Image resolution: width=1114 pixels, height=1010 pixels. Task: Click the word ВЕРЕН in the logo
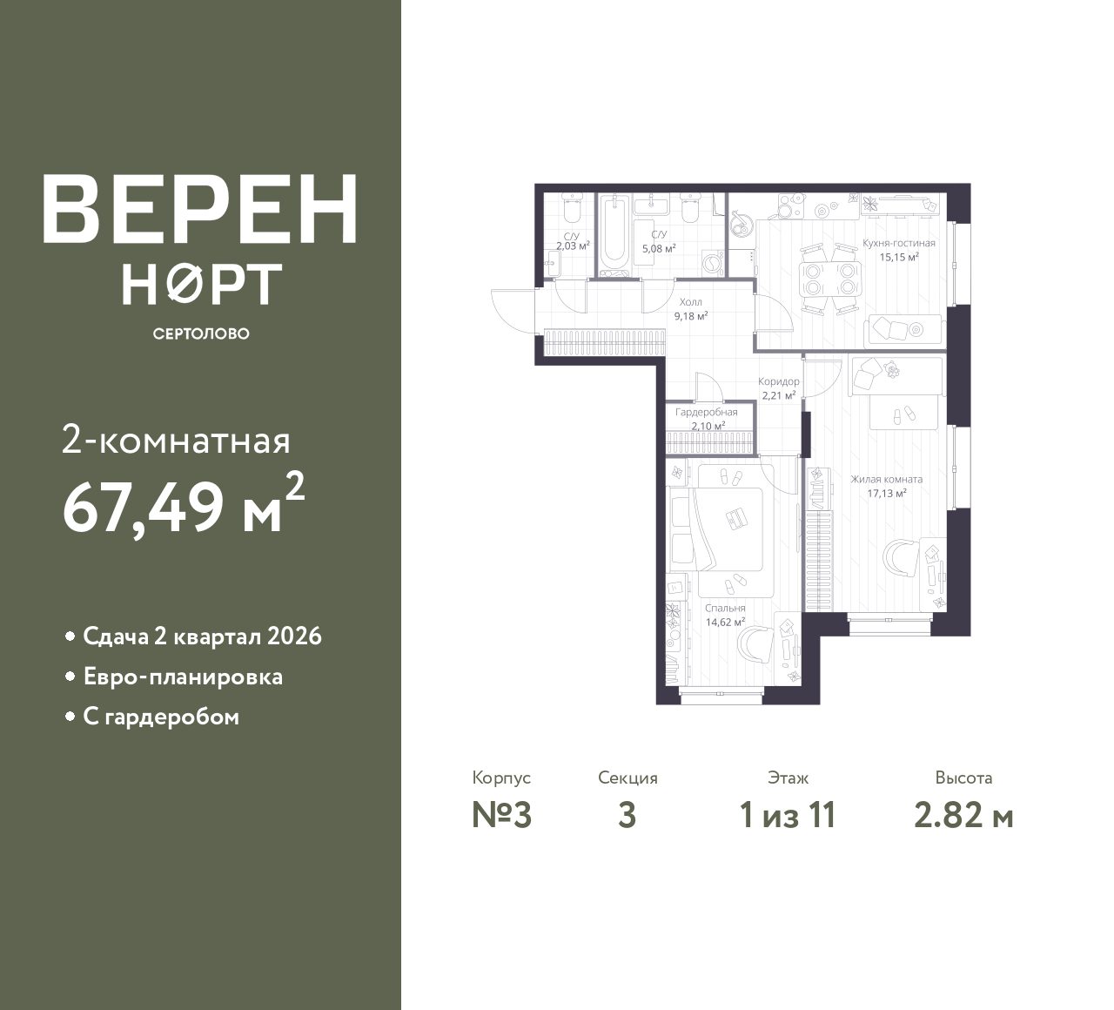click(200, 209)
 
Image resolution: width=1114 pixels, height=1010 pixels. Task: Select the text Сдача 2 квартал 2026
click(202, 636)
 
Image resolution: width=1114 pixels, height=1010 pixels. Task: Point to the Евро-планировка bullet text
click(183, 677)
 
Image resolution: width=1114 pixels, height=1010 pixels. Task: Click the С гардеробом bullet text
click(161, 717)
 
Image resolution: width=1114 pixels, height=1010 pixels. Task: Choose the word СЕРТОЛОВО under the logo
click(201, 333)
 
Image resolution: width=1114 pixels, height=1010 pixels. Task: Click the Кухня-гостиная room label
click(898, 243)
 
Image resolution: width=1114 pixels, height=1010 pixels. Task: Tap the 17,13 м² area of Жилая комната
click(887, 493)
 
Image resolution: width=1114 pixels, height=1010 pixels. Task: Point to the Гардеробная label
click(707, 412)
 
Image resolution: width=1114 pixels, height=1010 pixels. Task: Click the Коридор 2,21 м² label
click(779, 388)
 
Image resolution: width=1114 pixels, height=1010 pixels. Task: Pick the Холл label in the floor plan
click(691, 302)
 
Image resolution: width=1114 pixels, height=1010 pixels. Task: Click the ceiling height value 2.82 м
click(963, 816)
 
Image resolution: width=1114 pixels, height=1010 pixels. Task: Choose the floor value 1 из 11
click(788, 816)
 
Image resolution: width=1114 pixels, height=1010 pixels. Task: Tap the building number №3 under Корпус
click(501, 816)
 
